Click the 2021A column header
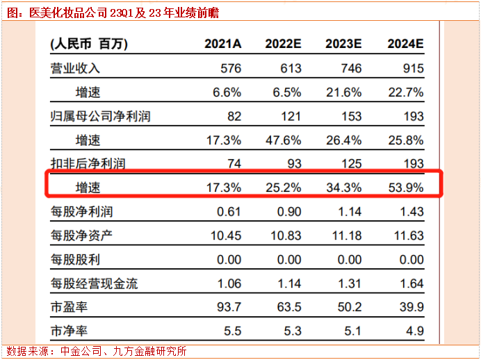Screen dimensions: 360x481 (x=222, y=44)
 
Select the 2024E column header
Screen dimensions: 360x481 (x=405, y=44)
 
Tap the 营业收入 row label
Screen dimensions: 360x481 (x=76, y=68)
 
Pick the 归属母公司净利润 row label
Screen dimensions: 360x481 (x=100, y=116)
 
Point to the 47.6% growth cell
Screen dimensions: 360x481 (x=283, y=140)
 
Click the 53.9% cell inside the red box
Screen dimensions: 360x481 (x=405, y=188)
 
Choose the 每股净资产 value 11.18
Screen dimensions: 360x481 (x=345, y=236)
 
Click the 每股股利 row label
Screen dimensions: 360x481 (x=76, y=260)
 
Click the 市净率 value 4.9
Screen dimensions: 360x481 (x=415, y=331)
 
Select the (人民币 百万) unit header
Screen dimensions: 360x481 (x=88, y=44)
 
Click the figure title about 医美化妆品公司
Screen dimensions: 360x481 (x=118, y=12)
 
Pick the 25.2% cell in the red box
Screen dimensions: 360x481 (x=283, y=188)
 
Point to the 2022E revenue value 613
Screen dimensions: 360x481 (x=291, y=68)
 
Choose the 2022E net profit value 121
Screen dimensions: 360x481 (x=291, y=116)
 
